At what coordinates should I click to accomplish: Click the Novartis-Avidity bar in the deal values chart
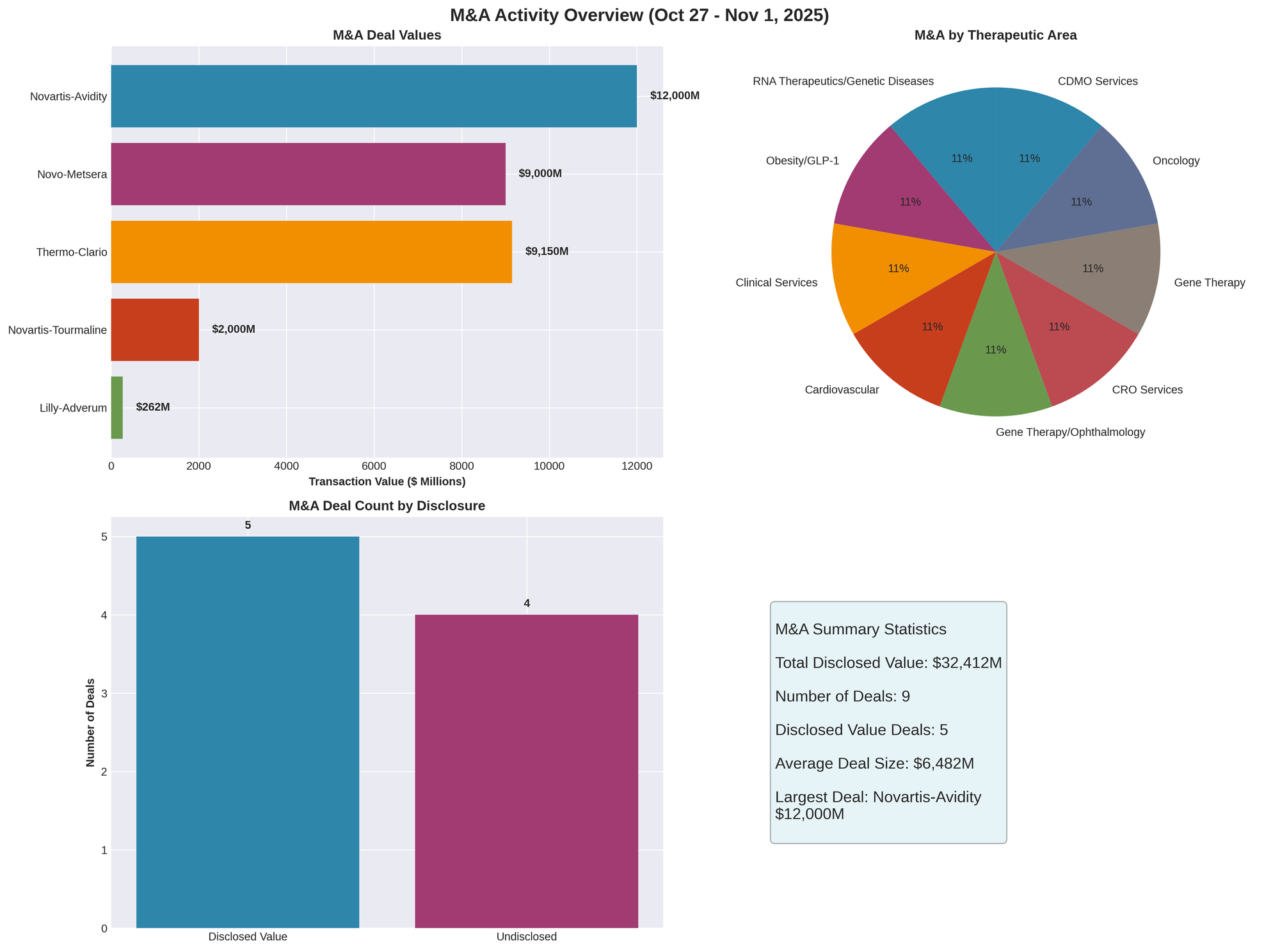(374, 96)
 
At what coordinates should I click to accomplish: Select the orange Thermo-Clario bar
(311, 252)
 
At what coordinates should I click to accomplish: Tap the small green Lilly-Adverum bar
(116, 408)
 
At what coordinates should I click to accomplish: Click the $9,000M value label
(540, 174)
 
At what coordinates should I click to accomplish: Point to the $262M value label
(153, 408)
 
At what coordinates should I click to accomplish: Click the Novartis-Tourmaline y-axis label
(57, 330)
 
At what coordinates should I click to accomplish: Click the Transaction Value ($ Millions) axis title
(387, 481)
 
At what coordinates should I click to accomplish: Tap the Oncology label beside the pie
(1176, 161)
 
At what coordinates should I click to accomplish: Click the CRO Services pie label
(1147, 390)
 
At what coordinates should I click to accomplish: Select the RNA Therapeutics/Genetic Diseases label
(843, 81)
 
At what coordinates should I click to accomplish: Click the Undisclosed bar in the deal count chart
(526, 771)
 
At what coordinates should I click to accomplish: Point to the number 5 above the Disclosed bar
(248, 525)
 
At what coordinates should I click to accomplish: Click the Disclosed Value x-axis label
(248, 937)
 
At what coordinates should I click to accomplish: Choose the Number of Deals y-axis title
(90, 723)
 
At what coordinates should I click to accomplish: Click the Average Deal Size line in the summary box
(874, 763)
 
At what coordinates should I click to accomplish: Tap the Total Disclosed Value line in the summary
(888, 663)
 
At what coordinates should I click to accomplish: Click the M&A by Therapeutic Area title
(995, 36)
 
